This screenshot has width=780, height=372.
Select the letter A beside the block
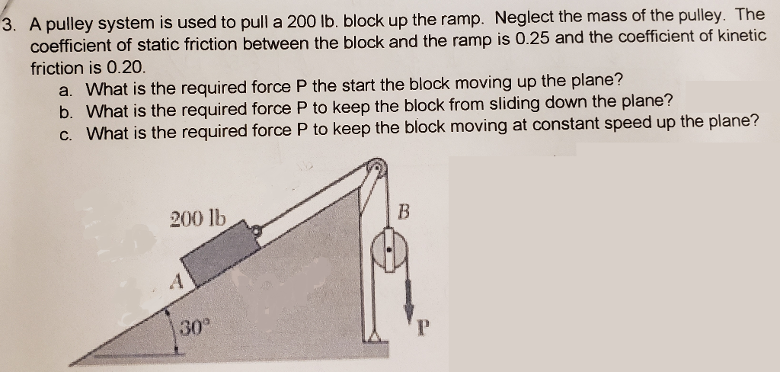pos(174,281)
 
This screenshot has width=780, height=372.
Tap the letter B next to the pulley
pos(404,212)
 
